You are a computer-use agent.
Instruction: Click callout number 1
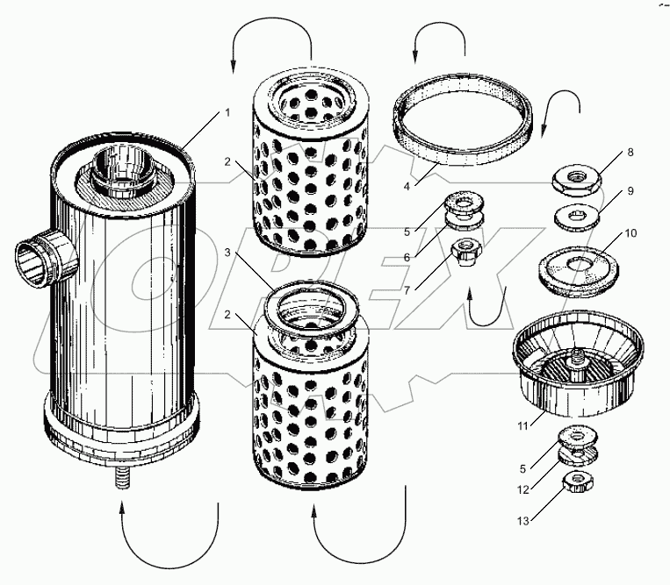coord(227,112)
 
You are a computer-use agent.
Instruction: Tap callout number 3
coord(227,253)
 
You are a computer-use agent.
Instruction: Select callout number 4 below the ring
coord(407,186)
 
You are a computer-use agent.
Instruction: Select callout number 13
coord(523,521)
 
